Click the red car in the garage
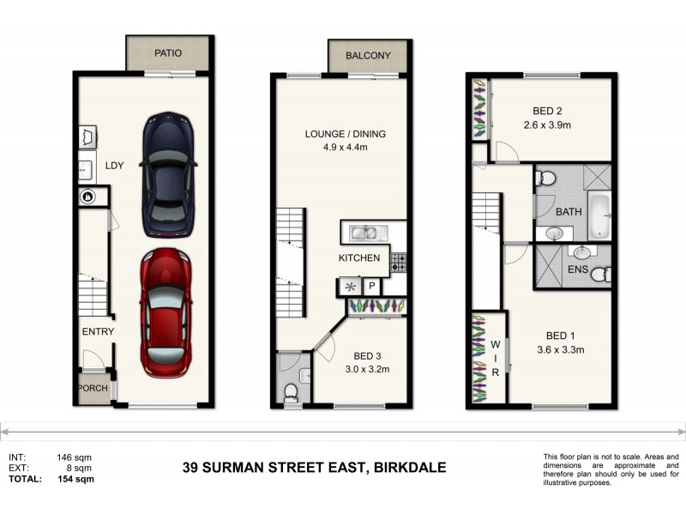(166, 312)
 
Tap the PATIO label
(168, 53)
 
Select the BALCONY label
(368, 56)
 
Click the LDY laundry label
(114, 167)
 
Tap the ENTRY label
(98, 331)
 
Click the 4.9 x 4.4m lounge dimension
(346, 148)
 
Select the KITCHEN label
(358, 257)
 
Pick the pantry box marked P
(372, 287)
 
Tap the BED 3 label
(367, 356)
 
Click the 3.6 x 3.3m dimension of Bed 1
(560, 349)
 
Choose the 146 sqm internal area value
(75, 457)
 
